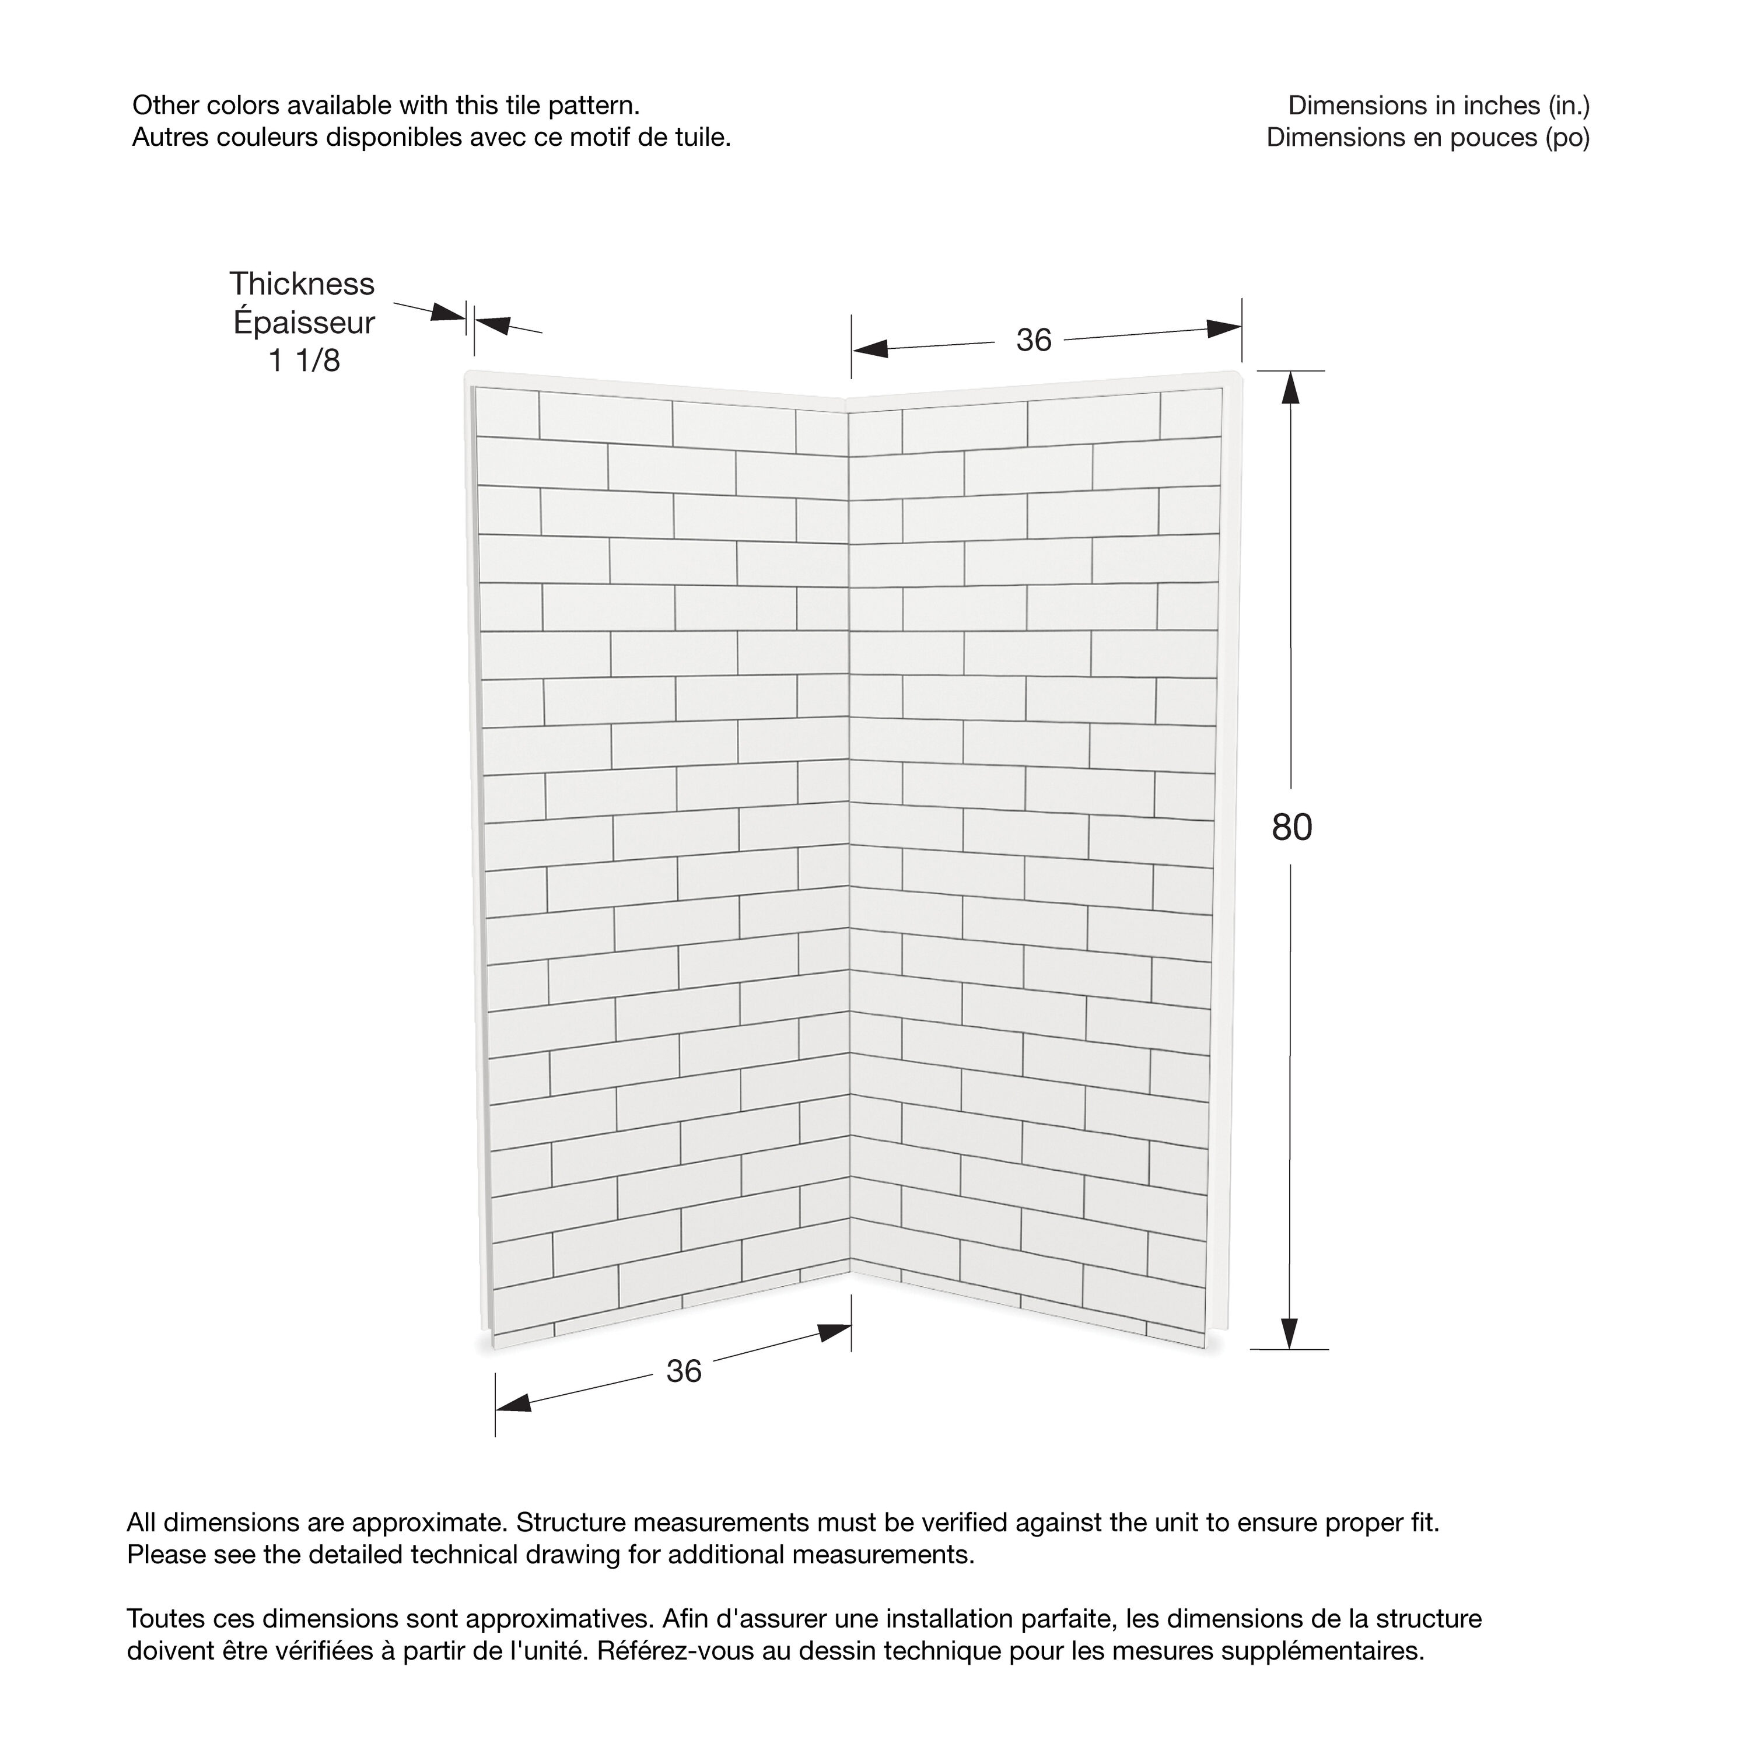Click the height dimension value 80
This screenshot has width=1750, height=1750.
pyautogui.click(x=1291, y=827)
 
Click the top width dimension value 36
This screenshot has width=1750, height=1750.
pyautogui.click(x=1034, y=341)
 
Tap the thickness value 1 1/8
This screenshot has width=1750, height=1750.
pyautogui.click(x=304, y=360)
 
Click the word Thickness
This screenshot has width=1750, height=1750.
pyautogui.click(x=302, y=285)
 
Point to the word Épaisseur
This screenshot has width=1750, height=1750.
pyautogui.click(x=303, y=323)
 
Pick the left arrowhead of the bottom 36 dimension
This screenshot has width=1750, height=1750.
pyautogui.click(x=513, y=1403)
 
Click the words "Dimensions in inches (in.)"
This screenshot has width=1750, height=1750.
pyautogui.click(x=1438, y=106)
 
